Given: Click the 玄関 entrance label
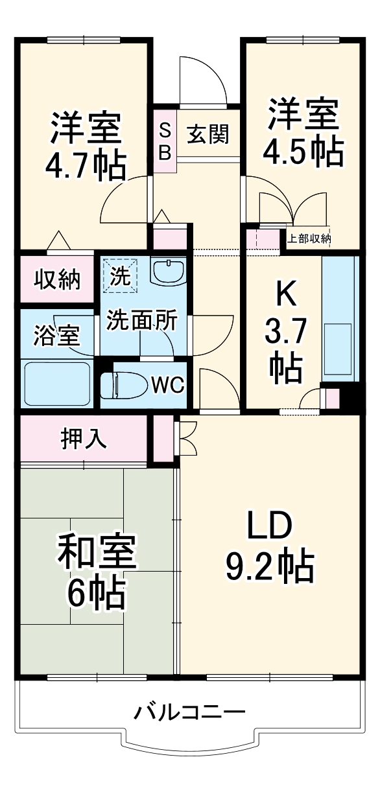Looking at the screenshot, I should click(x=208, y=134).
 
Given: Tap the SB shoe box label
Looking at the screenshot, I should click(x=165, y=141).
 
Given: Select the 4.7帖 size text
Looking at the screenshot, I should click(x=85, y=166).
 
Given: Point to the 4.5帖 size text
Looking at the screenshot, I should click(x=303, y=150).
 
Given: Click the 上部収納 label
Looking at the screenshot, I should click(x=309, y=238).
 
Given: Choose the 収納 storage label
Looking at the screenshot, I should click(x=57, y=279).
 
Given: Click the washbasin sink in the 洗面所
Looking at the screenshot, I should click(x=168, y=271).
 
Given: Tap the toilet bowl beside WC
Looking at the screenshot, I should click(x=126, y=385).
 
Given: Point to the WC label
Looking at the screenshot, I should click(x=168, y=385).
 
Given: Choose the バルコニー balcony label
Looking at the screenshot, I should click(x=190, y=714).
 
